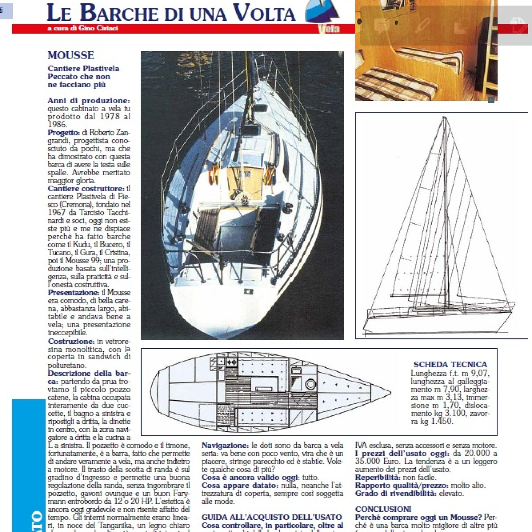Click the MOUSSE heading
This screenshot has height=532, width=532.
71,55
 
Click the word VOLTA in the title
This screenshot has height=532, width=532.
264,13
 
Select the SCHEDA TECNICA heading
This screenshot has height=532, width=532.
450,364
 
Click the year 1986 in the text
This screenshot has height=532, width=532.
57,124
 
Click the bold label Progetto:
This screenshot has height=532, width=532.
64,133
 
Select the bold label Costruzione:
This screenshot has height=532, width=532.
71,341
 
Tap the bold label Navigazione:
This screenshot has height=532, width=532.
225,445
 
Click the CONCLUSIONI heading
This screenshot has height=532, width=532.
383,509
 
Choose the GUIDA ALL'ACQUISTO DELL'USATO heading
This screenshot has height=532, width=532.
272,517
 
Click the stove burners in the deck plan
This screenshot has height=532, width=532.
231,362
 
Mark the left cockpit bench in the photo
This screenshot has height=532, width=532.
206,229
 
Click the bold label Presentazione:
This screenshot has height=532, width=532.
73,293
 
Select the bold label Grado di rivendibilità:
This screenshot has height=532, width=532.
396,493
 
